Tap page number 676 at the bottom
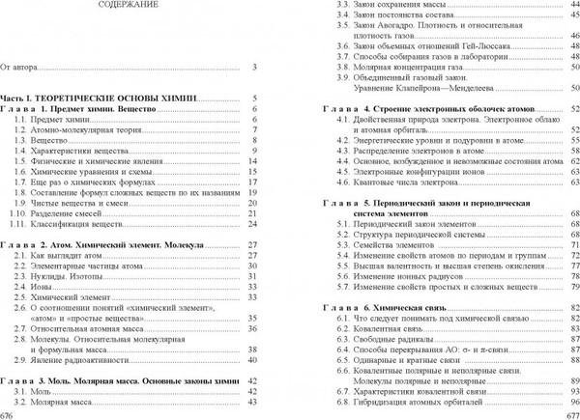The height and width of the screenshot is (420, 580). pos(8,413)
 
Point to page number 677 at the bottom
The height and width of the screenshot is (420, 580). pos(570,413)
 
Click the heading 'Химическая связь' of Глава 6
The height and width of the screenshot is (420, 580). pos(420,306)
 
